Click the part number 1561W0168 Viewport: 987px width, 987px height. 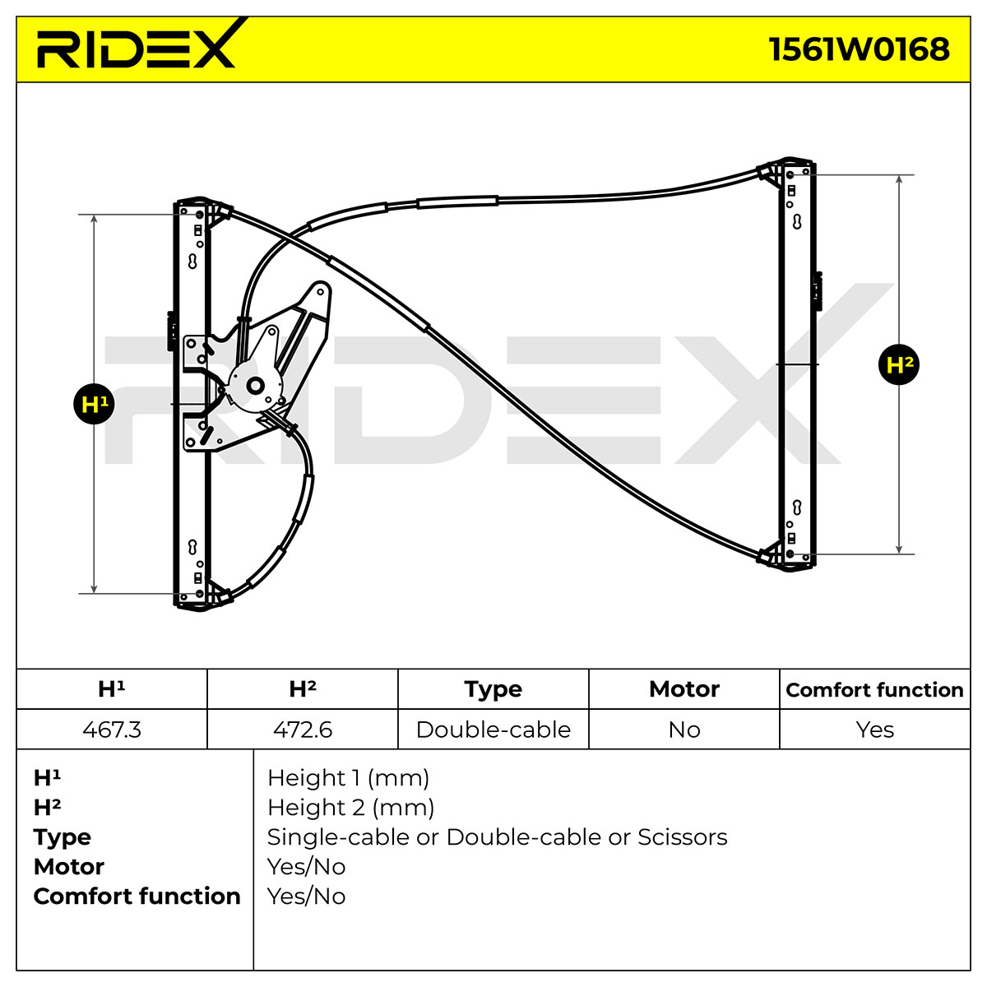[x=859, y=49]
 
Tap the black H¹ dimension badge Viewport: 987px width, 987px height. [x=94, y=405]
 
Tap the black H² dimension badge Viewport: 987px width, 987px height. [x=899, y=364]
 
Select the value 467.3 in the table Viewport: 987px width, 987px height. [x=112, y=730]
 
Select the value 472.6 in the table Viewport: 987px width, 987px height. [x=303, y=730]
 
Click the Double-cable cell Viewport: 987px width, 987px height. [x=493, y=730]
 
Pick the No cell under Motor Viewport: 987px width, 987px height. [x=684, y=730]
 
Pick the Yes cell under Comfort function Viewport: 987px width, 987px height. [x=875, y=730]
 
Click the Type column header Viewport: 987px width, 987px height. [x=493, y=689]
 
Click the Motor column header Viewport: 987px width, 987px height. [x=684, y=689]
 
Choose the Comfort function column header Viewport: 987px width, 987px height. [x=875, y=690]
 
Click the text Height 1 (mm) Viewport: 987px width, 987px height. [x=348, y=779]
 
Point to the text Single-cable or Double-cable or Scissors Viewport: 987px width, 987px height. [x=497, y=837]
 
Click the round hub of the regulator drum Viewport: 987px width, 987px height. [x=254, y=385]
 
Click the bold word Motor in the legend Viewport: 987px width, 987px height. [x=68, y=867]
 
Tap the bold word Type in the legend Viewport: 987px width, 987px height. [x=63, y=838]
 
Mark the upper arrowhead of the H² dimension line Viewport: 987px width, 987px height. [x=899, y=178]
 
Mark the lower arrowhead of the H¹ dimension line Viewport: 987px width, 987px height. [x=94, y=590]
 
